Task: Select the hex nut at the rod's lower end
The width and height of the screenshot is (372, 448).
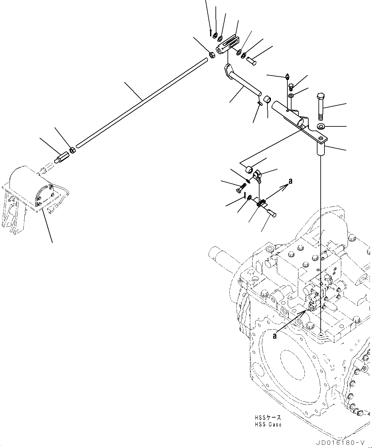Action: [x=72, y=150]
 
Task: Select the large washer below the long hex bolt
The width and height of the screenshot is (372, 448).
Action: [x=321, y=127]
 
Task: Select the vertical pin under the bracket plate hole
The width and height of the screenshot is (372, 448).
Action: [x=321, y=149]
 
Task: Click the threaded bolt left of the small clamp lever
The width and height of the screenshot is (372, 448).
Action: [x=241, y=188]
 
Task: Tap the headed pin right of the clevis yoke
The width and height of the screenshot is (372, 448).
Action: [x=252, y=60]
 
